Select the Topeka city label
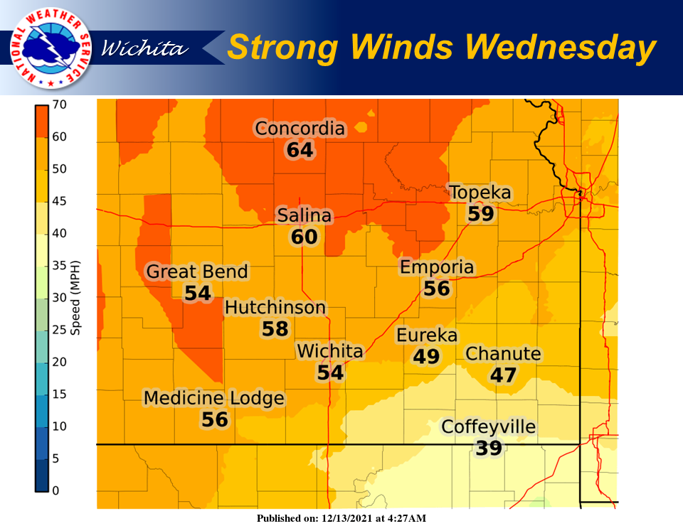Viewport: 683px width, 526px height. tap(480, 193)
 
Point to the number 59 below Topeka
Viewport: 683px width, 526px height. tap(481, 213)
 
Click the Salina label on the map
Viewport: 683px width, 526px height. tap(305, 215)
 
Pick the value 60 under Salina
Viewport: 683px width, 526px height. tap(305, 237)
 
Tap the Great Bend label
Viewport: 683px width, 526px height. tap(197, 272)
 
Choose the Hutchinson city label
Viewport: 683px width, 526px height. tap(275, 308)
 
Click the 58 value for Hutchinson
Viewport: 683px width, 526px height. tap(275, 328)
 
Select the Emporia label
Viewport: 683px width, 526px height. tap(437, 267)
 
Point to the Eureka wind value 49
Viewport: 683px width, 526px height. tap(426, 356)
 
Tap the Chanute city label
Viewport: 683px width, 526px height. tap(503, 354)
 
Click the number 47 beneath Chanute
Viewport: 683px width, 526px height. tap(503, 375)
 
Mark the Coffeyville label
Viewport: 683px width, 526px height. tap(488, 427)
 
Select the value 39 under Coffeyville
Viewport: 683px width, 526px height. tap(489, 448)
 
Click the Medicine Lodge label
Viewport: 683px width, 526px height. tap(214, 398)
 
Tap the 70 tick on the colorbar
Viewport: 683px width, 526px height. tap(59, 104)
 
